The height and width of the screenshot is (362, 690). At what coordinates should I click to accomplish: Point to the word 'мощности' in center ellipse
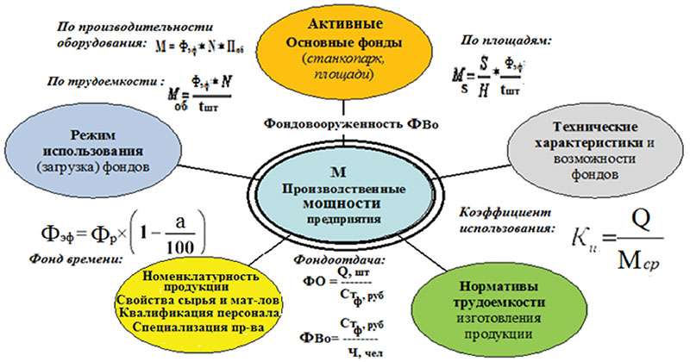tap(344, 203)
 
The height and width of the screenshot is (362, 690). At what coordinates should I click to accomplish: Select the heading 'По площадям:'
tap(497, 39)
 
